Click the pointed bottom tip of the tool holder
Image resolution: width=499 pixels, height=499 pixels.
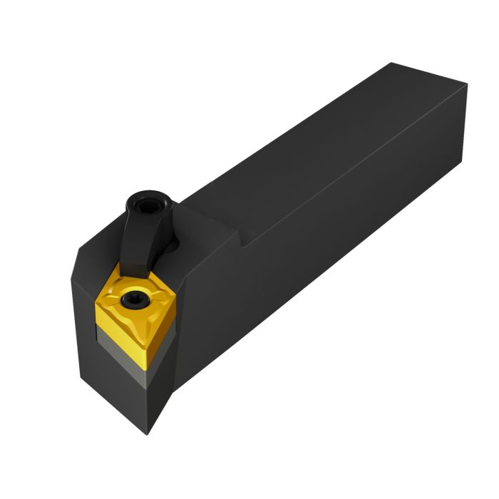148,432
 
